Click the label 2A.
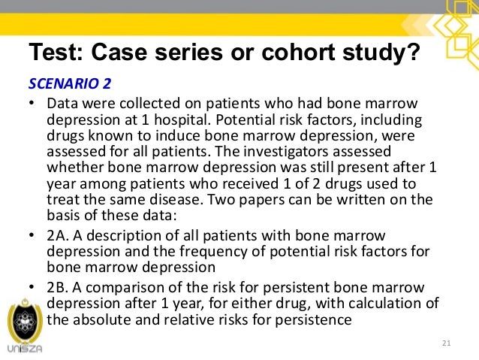coord(56,236)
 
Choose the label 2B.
coord(56,289)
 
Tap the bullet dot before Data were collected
coord(32,104)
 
